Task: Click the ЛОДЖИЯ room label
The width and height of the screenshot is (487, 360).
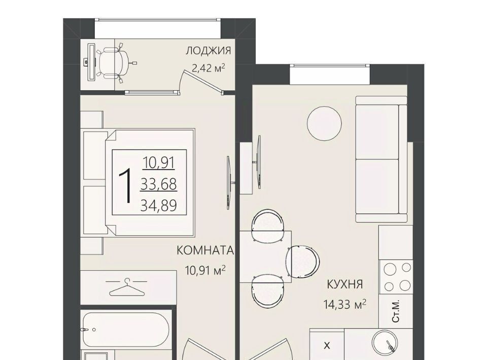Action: (x=208, y=51)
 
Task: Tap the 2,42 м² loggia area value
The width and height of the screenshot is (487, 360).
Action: (x=208, y=68)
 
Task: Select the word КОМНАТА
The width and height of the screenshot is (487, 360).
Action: (x=205, y=250)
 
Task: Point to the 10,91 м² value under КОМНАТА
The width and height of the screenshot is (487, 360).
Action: (x=205, y=270)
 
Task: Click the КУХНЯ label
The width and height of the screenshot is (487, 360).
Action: (x=345, y=284)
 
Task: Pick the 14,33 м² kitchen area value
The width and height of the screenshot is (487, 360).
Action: (x=345, y=304)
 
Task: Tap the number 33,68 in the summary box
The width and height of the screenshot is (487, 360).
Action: (x=159, y=185)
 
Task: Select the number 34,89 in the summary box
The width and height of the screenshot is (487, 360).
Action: (x=159, y=205)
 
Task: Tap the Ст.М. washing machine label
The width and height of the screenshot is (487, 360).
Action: (x=396, y=311)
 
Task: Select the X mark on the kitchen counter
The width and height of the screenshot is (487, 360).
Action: (x=327, y=345)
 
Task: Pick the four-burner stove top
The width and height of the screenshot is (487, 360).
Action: (x=396, y=276)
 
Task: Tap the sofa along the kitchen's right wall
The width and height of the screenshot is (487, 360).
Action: (x=381, y=159)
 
